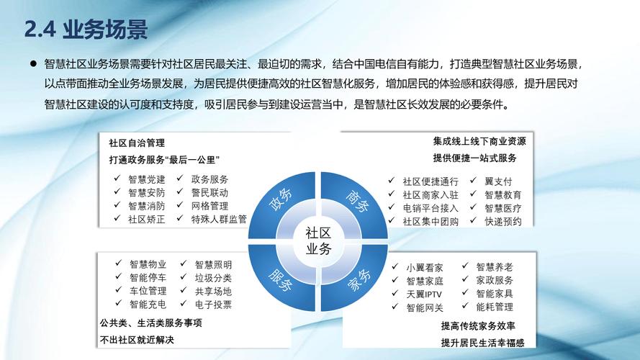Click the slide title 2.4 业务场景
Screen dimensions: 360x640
click(x=86, y=30)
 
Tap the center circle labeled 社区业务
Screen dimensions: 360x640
click(x=319, y=241)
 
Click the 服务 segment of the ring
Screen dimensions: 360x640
click(x=281, y=279)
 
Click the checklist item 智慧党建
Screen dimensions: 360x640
click(x=147, y=179)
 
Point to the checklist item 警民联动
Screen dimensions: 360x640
click(x=209, y=192)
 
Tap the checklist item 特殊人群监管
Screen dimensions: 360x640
click(x=219, y=219)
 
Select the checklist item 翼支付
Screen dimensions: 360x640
click(x=498, y=181)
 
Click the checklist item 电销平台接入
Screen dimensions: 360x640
click(x=431, y=208)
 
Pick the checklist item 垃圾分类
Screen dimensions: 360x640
click(x=213, y=278)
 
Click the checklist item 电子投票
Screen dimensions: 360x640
click(x=213, y=305)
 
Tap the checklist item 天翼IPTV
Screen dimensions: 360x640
click(x=424, y=294)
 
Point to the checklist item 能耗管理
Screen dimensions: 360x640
click(x=495, y=307)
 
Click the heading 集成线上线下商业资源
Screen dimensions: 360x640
click(x=479, y=141)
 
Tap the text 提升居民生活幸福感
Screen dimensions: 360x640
click(x=482, y=341)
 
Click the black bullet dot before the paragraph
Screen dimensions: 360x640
click(x=33, y=64)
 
